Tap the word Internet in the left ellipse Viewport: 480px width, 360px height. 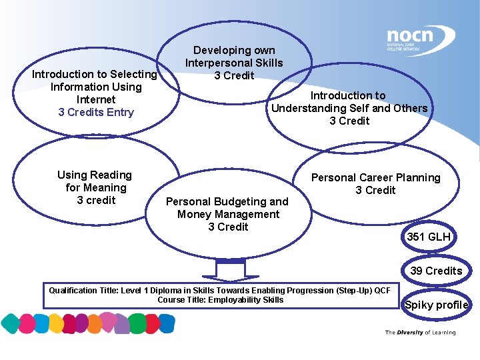point(96,99)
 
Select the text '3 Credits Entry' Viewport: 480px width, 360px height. point(96,112)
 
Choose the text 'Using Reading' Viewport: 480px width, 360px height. point(95,175)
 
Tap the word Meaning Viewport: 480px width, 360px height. point(105,187)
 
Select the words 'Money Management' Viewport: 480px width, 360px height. point(228,214)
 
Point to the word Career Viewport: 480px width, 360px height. point(376,177)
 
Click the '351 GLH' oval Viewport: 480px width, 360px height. point(429,237)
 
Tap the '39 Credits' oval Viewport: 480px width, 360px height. point(436,271)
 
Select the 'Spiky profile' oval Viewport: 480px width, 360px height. point(437,305)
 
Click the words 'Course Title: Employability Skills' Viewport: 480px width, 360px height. point(220,300)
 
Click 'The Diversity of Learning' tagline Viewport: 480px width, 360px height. point(420,332)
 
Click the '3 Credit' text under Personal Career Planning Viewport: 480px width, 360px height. point(375,190)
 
